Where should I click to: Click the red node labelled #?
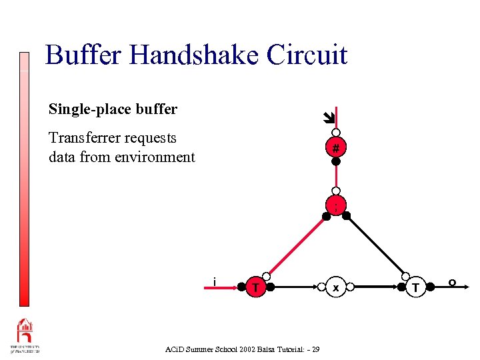[x=337, y=147]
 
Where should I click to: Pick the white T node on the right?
[x=416, y=287]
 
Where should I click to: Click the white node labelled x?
[x=336, y=287]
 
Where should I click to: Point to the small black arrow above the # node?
[x=327, y=119]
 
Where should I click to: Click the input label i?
[x=213, y=281]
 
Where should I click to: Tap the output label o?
[x=452, y=283]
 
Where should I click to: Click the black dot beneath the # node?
[x=337, y=161]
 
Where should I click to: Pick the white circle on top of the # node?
[x=337, y=133]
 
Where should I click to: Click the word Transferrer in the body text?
[x=85, y=138]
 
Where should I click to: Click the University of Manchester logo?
[x=25, y=335]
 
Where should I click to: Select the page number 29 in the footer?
[x=315, y=349]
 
